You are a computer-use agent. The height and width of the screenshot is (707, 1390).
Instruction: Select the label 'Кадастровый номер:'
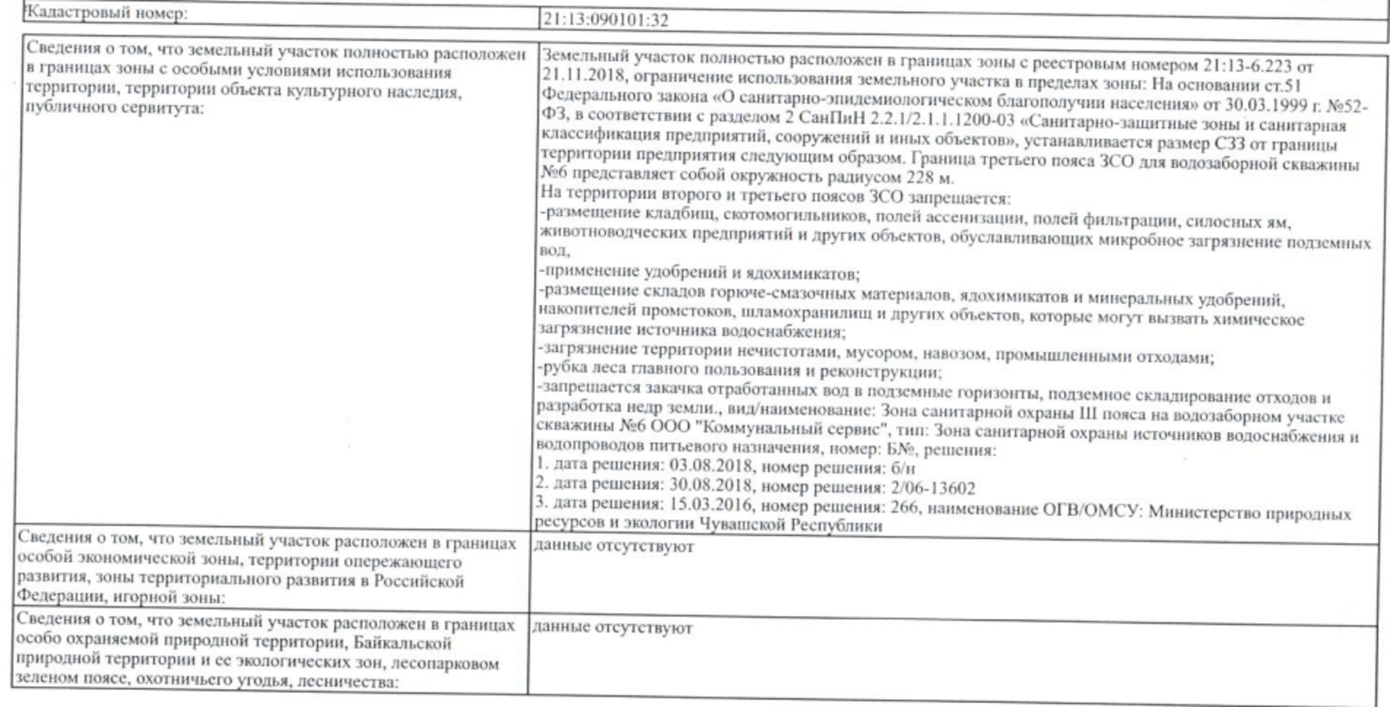click(107, 13)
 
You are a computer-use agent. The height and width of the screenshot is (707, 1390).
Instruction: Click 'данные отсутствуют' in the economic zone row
click(614, 547)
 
